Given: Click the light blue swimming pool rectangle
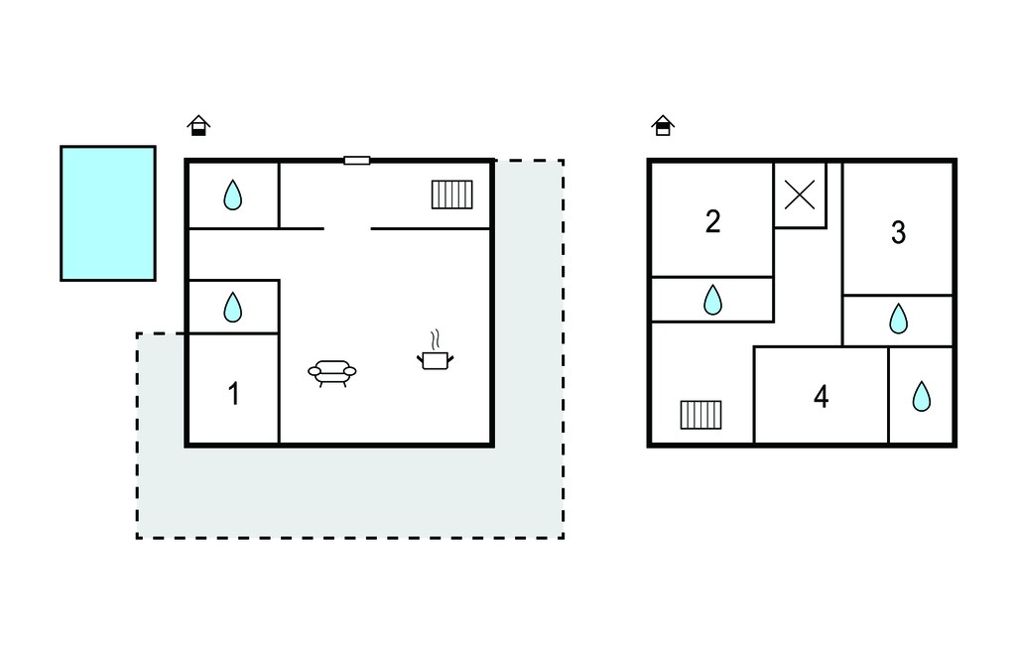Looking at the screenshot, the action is (108, 213).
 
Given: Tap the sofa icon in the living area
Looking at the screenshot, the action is (331, 373).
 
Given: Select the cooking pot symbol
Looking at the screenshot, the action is (435, 360).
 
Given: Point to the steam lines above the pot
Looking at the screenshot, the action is (436, 339).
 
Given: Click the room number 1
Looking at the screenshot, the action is (234, 394).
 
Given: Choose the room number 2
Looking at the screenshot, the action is (712, 221).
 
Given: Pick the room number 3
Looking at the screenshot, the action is (898, 233).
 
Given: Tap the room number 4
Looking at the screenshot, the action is (821, 397).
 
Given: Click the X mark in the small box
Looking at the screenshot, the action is (800, 194).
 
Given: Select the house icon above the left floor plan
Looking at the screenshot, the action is (198, 125).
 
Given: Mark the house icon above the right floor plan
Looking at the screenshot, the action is (663, 125).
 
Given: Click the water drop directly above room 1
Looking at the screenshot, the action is (232, 308).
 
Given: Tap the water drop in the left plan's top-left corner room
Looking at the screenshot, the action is (232, 194).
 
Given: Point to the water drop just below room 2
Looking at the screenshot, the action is (712, 300).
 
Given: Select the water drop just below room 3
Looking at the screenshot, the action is (898, 319).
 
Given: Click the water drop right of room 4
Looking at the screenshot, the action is (922, 396).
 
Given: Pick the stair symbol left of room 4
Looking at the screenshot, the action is (701, 415).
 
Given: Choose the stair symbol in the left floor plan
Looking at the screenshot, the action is (452, 194).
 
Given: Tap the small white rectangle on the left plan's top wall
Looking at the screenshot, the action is (357, 160).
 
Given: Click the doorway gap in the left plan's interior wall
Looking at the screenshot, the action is (347, 228).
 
